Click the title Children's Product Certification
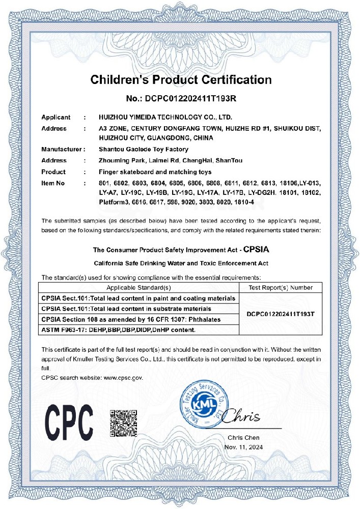click(181, 79)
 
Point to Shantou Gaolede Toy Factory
click(143, 150)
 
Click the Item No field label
click(53, 182)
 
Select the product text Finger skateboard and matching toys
click(154, 172)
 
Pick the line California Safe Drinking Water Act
click(181, 263)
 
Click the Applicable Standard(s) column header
click(139, 288)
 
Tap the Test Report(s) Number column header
click(280, 288)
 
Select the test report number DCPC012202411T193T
click(280, 314)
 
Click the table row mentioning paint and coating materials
click(139, 298)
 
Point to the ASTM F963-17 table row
click(119, 330)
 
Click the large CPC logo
click(69, 419)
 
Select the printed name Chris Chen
click(243, 438)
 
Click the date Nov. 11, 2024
click(243, 447)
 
